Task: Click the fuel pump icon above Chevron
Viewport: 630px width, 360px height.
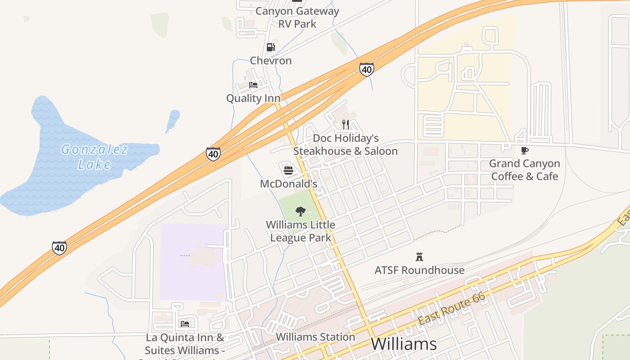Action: pyautogui.click(x=270, y=47)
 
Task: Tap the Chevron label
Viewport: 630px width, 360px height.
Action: pyautogui.click(x=271, y=60)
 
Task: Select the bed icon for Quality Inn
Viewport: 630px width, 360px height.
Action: pyautogui.click(x=253, y=85)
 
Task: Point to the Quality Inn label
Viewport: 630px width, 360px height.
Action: pyautogui.click(x=253, y=98)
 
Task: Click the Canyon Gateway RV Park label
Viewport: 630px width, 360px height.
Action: pyautogui.click(x=297, y=17)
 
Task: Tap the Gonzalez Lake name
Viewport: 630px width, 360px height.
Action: pyautogui.click(x=94, y=157)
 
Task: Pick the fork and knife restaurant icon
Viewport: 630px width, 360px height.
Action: pyautogui.click(x=346, y=124)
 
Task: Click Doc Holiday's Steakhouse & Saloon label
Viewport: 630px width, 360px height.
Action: pyautogui.click(x=346, y=144)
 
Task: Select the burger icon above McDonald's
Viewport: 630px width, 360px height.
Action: pyautogui.click(x=288, y=171)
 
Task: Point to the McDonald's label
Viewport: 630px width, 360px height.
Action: pyautogui.click(x=288, y=184)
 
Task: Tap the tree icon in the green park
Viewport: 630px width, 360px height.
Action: pyautogui.click(x=300, y=211)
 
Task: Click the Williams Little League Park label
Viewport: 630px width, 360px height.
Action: pyautogui.click(x=301, y=231)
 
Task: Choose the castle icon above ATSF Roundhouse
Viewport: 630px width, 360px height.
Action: pyautogui.click(x=419, y=257)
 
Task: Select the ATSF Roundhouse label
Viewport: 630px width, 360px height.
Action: pyautogui.click(x=419, y=270)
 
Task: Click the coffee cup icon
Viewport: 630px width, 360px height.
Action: pyautogui.click(x=525, y=150)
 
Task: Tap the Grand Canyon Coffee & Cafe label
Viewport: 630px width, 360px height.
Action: pyautogui.click(x=525, y=170)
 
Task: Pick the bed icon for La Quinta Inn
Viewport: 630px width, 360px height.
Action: pyautogui.click(x=184, y=324)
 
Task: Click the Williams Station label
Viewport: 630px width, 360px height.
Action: pyautogui.click(x=315, y=337)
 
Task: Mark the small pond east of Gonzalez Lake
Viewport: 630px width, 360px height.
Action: pyautogui.click(x=173, y=120)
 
